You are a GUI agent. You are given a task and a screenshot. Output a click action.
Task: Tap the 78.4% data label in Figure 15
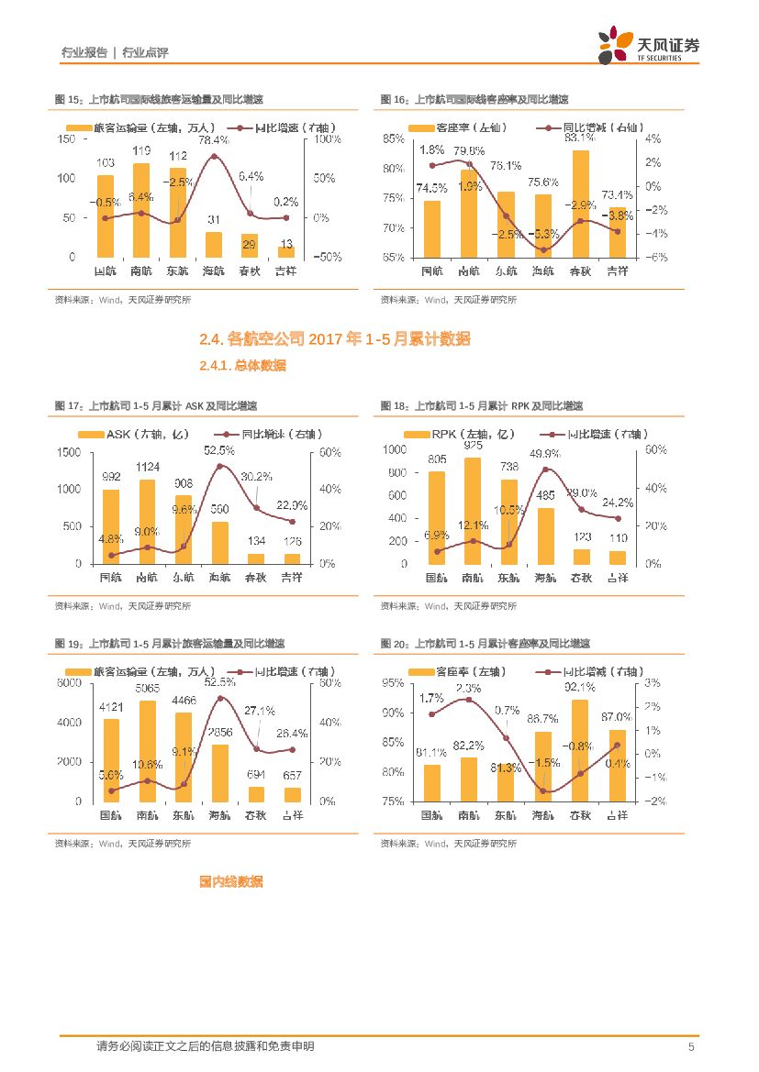[214, 140]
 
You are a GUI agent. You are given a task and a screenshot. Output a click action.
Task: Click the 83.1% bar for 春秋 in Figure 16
[579, 204]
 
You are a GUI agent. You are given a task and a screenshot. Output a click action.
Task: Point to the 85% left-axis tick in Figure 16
[394, 139]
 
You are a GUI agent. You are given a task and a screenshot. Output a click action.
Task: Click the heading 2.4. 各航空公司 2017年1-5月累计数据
[335, 339]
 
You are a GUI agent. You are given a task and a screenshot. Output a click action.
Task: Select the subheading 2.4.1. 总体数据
[242, 366]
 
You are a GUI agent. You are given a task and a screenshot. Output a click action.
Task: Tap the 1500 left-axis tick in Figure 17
[67, 452]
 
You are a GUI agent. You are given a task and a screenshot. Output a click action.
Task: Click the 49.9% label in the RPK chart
[545, 454]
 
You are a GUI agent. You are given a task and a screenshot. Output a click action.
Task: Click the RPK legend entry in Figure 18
[452, 434]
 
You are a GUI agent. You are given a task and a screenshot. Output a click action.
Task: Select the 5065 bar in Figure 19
[147, 750]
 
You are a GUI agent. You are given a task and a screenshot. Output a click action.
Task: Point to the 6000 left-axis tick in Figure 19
[69, 684]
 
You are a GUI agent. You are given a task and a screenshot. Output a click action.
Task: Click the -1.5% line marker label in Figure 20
[547, 763]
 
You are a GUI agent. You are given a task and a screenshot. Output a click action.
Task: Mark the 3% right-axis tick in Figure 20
[653, 683]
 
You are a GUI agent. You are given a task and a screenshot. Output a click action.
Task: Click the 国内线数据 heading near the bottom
[231, 881]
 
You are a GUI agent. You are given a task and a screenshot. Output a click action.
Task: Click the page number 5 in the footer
[690, 1047]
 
